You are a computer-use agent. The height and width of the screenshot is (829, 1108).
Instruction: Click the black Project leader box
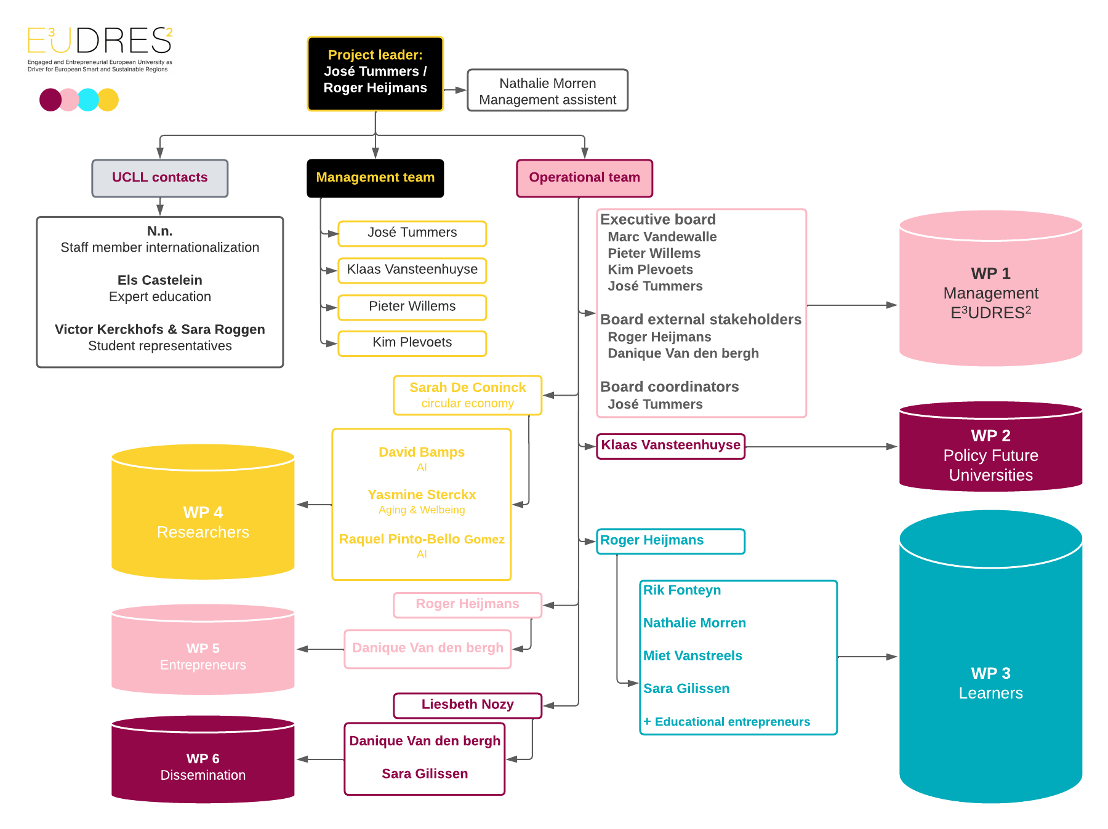(x=375, y=74)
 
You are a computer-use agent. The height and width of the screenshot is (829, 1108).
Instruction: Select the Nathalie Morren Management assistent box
(x=548, y=90)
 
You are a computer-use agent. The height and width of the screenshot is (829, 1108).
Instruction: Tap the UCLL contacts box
(x=160, y=178)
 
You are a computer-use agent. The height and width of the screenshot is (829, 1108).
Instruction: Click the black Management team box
(x=375, y=178)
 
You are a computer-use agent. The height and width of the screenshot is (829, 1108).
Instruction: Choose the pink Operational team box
(x=585, y=178)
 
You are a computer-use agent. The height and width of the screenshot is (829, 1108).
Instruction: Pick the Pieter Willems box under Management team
(x=412, y=307)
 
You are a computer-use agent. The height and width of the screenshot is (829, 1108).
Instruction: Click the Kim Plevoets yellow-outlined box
(x=412, y=343)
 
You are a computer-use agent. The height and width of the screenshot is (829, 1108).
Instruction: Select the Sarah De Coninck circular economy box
(x=468, y=395)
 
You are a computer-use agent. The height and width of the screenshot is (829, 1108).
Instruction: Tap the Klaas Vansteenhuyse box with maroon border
(x=671, y=446)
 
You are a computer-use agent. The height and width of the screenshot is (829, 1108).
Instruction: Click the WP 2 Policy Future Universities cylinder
(x=991, y=447)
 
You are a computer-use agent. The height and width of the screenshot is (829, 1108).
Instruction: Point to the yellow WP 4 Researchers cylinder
(x=203, y=512)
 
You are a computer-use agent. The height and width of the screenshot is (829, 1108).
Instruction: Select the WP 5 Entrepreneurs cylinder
(x=203, y=649)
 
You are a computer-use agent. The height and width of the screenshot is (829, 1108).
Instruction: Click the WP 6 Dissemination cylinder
(x=203, y=759)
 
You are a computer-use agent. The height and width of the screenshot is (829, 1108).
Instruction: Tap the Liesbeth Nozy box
(x=468, y=705)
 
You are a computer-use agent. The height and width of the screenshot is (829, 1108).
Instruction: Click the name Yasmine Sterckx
(x=422, y=495)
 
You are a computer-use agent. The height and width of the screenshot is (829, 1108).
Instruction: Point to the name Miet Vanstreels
(x=692, y=655)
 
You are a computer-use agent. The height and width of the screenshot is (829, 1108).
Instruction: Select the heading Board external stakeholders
(x=701, y=319)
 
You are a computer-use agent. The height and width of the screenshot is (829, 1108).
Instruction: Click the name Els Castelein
(x=160, y=280)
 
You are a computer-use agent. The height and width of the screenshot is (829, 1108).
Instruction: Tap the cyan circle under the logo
(x=88, y=100)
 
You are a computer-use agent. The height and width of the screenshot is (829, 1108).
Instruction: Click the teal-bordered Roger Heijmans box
(x=671, y=542)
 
